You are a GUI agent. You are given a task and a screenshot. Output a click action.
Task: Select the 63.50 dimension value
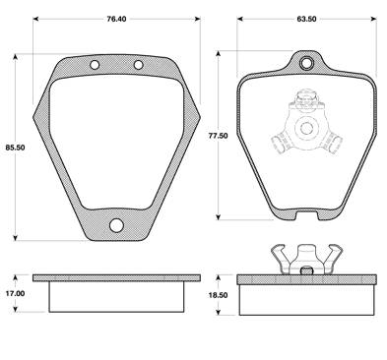click(306, 19)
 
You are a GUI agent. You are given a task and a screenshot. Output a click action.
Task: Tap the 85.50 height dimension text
click(15, 148)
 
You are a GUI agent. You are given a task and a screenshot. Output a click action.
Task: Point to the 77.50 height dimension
click(218, 136)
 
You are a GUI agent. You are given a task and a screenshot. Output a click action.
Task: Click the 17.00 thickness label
click(15, 294)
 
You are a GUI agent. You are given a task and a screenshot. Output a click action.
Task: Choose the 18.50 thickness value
click(218, 295)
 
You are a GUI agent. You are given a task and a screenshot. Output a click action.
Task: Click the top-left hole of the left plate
click(95, 65)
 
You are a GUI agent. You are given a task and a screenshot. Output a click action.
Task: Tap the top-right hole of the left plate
click(139, 65)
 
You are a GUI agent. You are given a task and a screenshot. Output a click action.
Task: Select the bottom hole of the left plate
click(116, 225)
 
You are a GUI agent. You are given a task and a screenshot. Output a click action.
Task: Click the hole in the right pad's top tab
click(306, 63)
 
